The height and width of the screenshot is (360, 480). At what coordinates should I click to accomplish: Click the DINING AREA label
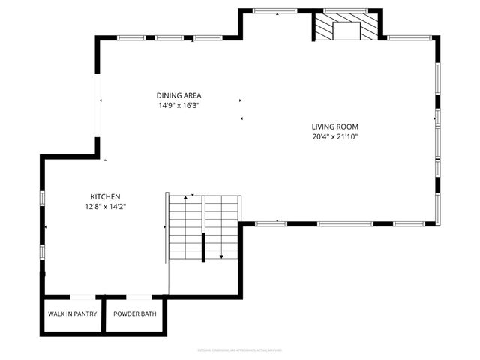pos(178,95)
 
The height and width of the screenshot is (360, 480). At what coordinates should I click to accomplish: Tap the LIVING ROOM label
pos(335,127)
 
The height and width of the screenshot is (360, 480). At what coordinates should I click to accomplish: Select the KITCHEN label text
pos(105,196)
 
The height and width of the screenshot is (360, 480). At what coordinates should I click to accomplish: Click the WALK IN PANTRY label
pos(73,313)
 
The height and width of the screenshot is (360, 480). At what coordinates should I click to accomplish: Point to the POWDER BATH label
pos(135,313)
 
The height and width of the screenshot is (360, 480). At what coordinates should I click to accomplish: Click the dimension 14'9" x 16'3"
pos(178,106)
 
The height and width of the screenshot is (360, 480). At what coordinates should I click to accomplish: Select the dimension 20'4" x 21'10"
pos(335,137)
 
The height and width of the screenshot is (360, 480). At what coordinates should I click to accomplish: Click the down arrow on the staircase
pos(221,256)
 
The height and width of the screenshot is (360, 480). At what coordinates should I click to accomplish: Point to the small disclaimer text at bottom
pos(240,350)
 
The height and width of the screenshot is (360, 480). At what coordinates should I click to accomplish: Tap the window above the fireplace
pos(346,10)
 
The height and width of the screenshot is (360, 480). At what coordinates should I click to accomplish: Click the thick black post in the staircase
pos(203,247)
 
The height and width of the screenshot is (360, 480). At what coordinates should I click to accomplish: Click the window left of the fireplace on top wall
pos(276,10)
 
